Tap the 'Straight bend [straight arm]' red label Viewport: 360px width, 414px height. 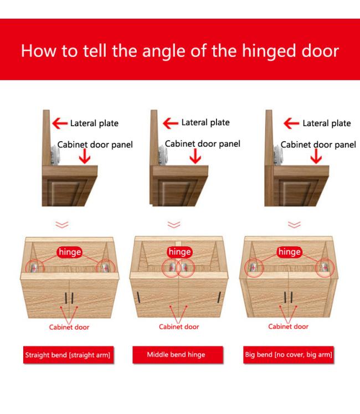68,355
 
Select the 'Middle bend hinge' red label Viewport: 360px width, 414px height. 177,355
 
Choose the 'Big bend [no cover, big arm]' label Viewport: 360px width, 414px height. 289,355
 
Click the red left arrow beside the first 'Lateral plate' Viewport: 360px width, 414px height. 60,123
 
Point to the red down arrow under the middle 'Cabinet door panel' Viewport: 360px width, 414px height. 195,156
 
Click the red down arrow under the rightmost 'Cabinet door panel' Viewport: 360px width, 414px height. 316,156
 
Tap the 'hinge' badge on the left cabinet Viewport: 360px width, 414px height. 70,252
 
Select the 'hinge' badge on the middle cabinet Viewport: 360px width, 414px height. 179,252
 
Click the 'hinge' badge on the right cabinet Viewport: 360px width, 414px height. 290,252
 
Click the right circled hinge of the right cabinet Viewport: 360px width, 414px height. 325,268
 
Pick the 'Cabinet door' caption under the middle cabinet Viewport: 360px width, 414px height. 179,327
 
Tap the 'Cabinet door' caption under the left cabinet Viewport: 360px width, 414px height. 69,328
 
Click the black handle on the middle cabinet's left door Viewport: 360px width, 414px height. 138,297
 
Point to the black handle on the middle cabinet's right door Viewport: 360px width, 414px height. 219,297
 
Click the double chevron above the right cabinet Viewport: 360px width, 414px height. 294,225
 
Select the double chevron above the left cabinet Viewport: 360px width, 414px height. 62,225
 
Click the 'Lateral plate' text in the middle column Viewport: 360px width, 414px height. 205,122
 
